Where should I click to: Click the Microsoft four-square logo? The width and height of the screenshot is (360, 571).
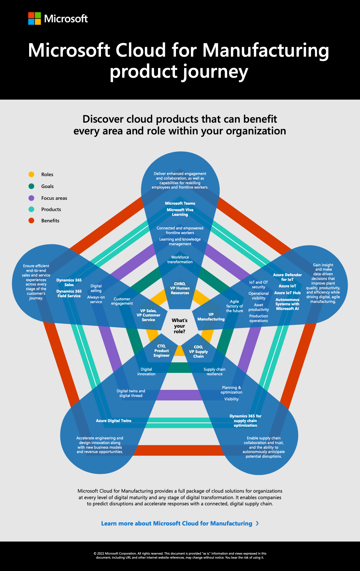tap(34, 19)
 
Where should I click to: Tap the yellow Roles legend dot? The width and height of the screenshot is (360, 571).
tap(31, 174)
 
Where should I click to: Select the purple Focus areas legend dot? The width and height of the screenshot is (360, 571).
tap(31, 198)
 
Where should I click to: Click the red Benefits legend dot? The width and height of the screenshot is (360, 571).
tap(31, 220)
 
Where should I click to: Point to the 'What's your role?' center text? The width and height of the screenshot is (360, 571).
tap(180, 326)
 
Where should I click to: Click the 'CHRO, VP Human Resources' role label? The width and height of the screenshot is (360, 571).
tap(180, 288)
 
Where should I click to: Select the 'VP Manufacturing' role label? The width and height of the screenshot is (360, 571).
tap(211, 317)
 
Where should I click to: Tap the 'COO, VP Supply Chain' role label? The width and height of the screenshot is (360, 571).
tap(199, 351)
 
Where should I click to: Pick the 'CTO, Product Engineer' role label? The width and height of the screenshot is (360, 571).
tap(161, 351)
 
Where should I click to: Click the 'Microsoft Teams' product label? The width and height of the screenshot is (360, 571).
tap(180, 203)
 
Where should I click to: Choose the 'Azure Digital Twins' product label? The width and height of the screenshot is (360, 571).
tap(114, 421)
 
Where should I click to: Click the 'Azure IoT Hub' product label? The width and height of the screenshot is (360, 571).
tap(288, 293)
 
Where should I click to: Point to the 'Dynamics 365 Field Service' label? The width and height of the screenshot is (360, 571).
tap(69, 294)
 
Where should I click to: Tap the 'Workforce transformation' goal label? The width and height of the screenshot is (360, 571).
tap(180, 259)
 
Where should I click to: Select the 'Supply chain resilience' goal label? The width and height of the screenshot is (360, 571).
tap(214, 372)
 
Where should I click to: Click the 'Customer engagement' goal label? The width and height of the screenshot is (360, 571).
tap(122, 301)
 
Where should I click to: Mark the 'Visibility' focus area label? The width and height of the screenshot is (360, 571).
tap(231, 399)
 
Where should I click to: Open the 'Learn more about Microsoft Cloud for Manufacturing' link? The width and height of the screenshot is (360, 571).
tap(180, 523)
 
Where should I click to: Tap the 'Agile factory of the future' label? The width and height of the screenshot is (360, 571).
tap(235, 306)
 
